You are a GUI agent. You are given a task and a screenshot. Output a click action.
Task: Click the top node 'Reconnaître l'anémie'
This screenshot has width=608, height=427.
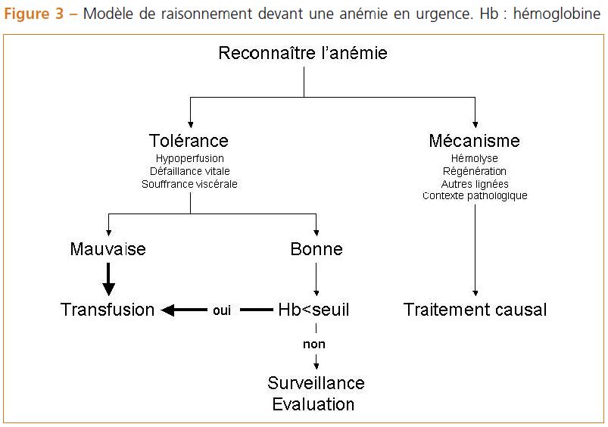[x=303, y=53]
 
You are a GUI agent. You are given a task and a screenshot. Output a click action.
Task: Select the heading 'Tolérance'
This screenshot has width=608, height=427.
[x=189, y=140]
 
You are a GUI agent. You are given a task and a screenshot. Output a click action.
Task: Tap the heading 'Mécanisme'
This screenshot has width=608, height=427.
[x=474, y=140]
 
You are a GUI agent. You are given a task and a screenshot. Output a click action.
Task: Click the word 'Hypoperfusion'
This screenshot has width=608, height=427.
[x=189, y=159]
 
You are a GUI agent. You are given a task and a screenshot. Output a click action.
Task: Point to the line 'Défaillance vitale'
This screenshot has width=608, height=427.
[x=189, y=171]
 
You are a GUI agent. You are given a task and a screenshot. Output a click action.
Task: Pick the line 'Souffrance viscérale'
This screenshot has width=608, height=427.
[x=189, y=184]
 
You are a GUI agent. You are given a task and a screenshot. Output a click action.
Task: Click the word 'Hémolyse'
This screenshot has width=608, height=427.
[x=475, y=159]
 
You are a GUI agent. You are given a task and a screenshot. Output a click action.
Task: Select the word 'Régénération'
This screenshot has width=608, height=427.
[x=475, y=171]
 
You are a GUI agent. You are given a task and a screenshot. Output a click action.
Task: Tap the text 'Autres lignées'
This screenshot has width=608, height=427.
[x=475, y=184]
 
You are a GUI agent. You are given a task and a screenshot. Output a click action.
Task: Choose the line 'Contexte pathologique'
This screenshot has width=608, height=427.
[x=475, y=195]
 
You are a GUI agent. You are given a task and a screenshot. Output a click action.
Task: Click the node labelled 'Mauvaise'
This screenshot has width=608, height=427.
[x=108, y=249]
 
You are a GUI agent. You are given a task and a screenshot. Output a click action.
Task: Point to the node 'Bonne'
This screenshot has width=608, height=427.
[x=316, y=249]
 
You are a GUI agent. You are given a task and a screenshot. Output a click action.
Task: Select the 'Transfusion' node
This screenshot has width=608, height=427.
[x=108, y=310]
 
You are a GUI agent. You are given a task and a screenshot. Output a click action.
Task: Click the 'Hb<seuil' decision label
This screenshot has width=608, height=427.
[x=313, y=310]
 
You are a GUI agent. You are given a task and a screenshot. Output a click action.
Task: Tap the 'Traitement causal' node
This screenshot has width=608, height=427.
[x=475, y=310]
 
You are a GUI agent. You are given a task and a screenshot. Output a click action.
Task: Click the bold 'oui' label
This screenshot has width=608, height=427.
[x=222, y=310]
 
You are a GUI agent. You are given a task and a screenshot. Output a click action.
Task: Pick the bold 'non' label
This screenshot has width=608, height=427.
[x=314, y=344]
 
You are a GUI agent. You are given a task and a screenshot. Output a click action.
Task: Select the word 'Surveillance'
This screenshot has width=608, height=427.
[x=316, y=383]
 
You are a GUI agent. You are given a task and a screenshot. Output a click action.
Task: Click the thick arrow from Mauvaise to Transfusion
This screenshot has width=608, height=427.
[x=108, y=279]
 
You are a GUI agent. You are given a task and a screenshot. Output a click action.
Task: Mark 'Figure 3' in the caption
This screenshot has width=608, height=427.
[x=33, y=14]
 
